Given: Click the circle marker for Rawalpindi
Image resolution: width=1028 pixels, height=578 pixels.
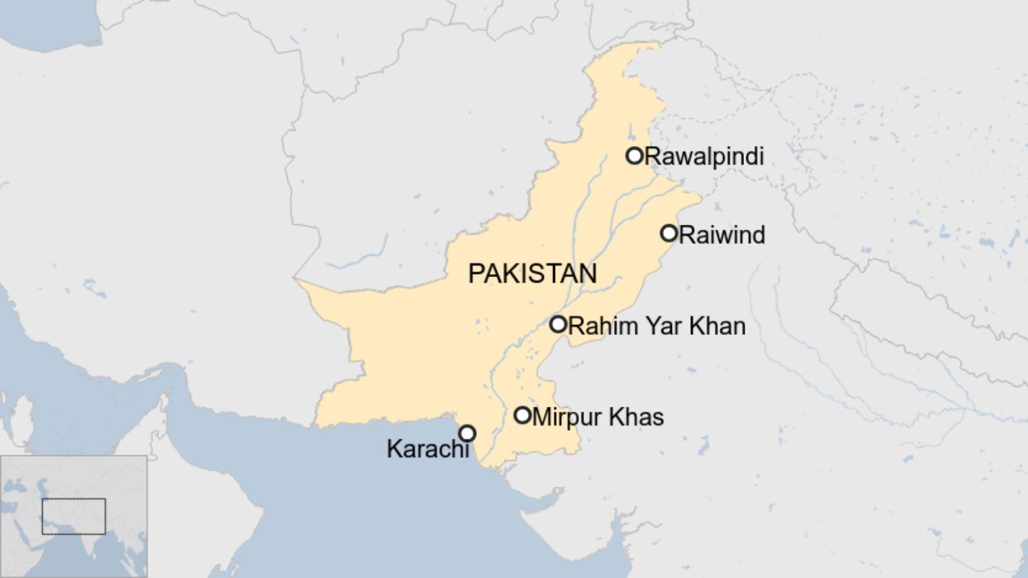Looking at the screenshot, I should pyautogui.click(x=634, y=156).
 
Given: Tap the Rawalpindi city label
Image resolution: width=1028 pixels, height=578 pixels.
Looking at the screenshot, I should pyautogui.click(x=704, y=156).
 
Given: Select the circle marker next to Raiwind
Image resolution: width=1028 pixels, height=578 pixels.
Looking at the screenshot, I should pyautogui.click(x=669, y=234).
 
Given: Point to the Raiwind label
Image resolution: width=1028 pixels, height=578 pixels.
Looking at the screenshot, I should pyautogui.click(x=722, y=235).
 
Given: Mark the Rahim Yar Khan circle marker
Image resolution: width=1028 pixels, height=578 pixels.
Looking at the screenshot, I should pyautogui.click(x=558, y=324).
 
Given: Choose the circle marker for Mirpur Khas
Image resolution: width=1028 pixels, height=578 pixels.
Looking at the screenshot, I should pyautogui.click(x=522, y=415).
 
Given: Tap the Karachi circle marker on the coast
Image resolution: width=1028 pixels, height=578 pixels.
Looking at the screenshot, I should pyautogui.click(x=467, y=433).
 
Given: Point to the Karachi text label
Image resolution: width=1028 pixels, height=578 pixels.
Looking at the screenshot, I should pyautogui.click(x=428, y=448).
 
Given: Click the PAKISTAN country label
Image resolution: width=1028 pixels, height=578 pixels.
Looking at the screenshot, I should pyautogui.click(x=532, y=273).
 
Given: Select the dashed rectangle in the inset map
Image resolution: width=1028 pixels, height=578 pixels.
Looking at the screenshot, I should pyautogui.click(x=74, y=516).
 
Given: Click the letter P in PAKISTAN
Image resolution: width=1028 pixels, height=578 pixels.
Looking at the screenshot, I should pyautogui.click(x=475, y=273).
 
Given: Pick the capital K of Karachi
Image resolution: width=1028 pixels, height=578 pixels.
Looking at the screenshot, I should pyautogui.click(x=393, y=448).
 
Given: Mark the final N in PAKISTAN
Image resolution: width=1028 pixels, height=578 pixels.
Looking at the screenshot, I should pyautogui.click(x=589, y=273).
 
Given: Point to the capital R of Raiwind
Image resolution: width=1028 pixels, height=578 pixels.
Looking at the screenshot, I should pyautogui.click(x=687, y=235).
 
